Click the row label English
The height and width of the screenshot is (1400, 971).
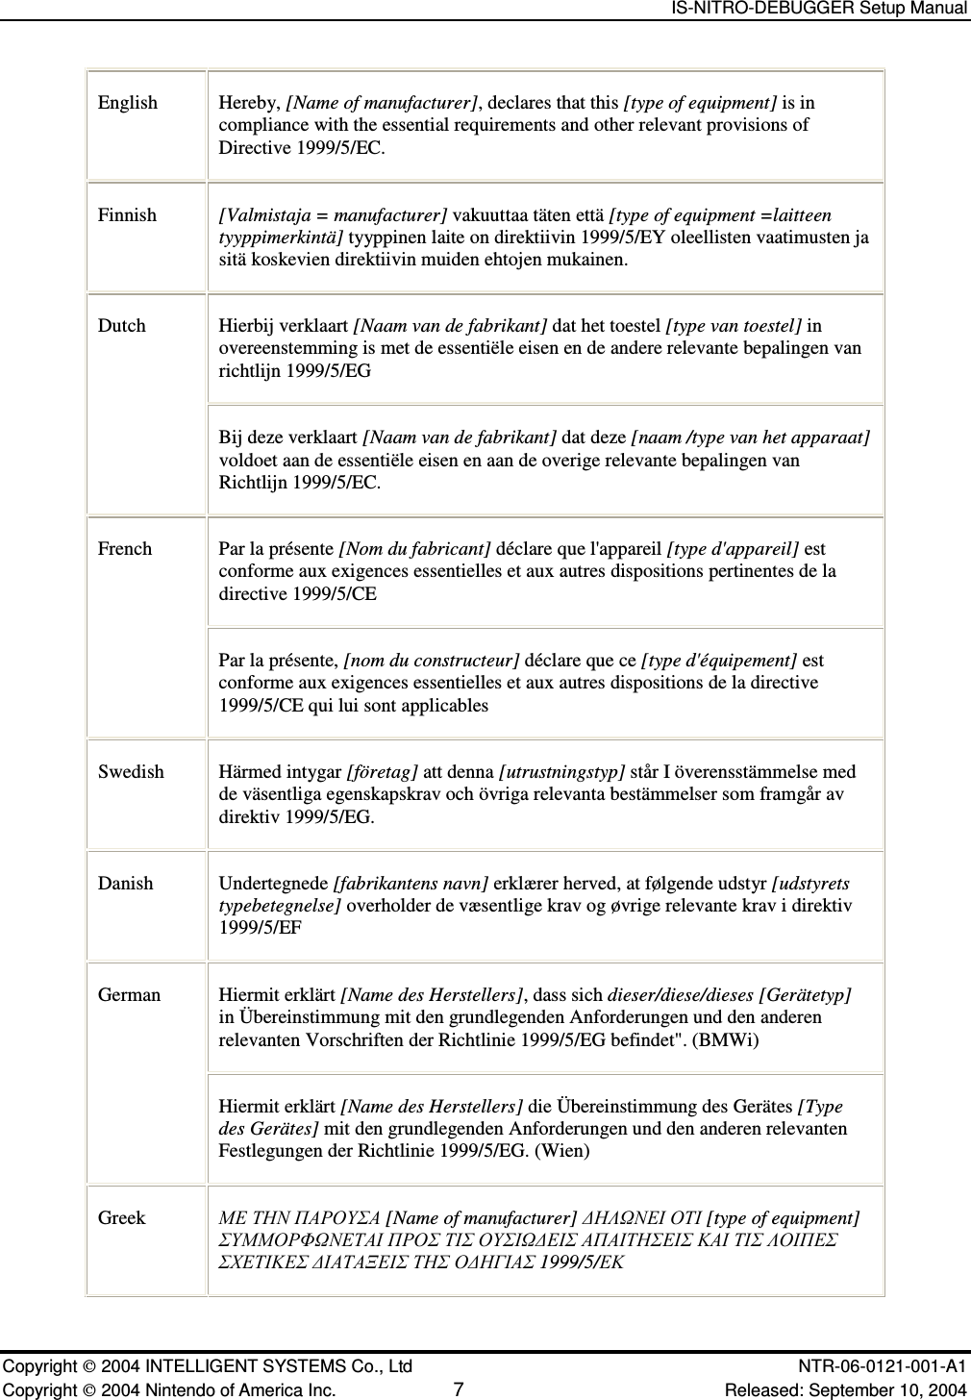[128, 103]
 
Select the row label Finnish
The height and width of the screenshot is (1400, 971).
[127, 215]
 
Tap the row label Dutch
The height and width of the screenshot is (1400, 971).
[122, 326]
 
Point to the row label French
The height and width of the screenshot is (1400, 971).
[125, 549]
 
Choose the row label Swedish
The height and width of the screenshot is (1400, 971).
[131, 772]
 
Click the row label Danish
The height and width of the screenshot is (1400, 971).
[125, 884]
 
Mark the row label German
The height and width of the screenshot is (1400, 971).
[129, 995]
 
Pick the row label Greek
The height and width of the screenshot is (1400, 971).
[122, 1218]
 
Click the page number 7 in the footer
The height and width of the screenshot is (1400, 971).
[459, 1390]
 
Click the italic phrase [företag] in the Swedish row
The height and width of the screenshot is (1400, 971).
[383, 772]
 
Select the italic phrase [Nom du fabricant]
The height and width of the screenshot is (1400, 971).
[415, 549]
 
